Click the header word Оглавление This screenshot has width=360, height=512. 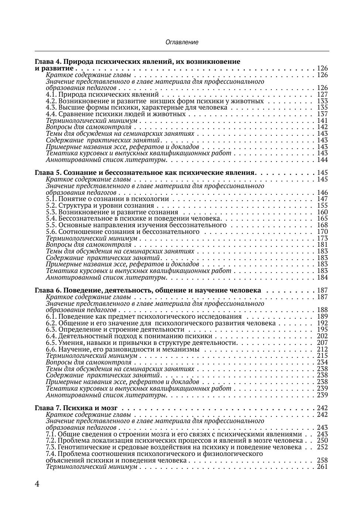click(x=182, y=42)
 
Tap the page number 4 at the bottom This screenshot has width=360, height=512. click(x=37, y=484)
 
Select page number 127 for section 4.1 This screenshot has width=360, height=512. click(x=322, y=94)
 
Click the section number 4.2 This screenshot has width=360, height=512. click(x=51, y=101)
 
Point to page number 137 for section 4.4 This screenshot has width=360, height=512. click(x=322, y=114)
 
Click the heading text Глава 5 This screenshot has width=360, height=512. click(x=48, y=173)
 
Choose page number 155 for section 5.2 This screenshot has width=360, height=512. click(x=322, y=205)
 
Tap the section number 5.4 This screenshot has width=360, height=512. click(x=51, y=218)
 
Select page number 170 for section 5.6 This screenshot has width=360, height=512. click(x=322, y=232)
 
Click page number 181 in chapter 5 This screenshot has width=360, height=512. click(x=322, y=245)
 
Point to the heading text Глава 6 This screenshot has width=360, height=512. click(x=48, y=290)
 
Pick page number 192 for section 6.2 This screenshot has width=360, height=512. click(x=322, y=323)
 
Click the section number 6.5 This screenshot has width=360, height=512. click(x=51, y=343)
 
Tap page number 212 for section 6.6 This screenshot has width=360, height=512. click(x=322, y=349)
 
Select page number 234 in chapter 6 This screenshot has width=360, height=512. click(x=322, y=362)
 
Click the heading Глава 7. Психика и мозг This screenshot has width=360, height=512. click(x=76, y=408)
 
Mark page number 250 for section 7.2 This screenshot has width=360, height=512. click(x=322, y=440)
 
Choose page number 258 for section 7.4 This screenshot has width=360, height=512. click(x=322, y=460)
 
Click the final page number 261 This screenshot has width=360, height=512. click(x=322, y=467)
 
